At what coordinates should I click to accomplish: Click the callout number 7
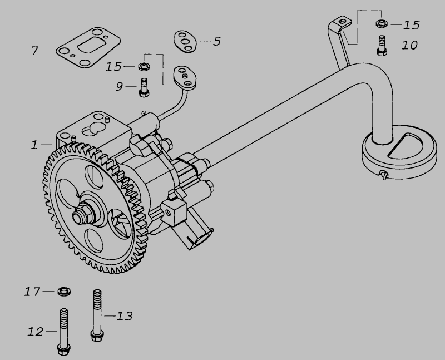[34, 51]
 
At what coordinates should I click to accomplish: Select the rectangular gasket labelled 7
[88, 48]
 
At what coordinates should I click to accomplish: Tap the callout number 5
[216, 41]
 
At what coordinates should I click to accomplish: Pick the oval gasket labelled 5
[185, 41]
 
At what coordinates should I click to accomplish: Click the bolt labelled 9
[144, 87]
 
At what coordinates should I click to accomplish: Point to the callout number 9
[120, 86]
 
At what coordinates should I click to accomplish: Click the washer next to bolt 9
[144, 67]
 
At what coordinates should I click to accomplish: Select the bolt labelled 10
[382, 46]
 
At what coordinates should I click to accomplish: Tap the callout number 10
[409, 45]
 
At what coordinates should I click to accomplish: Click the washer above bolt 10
[382, 23]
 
